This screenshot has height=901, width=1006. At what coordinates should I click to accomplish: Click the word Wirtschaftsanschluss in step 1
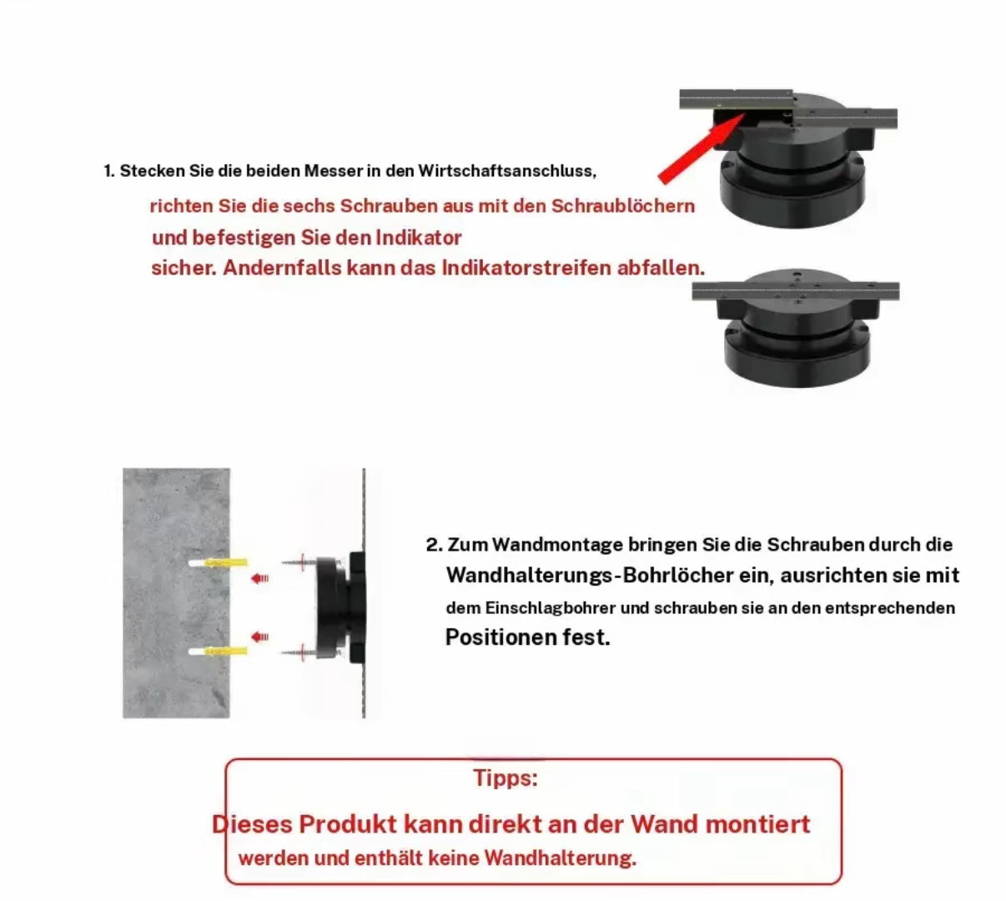(x=507, y=171)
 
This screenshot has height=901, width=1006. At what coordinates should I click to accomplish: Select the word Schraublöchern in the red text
(x=622, y=205)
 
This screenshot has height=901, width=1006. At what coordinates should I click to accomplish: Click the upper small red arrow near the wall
(x=259, y=577)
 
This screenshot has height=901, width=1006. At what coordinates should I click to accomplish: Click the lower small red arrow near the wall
(x=259, y=637)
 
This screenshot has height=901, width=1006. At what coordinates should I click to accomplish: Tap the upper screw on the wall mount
(x=299, y=562)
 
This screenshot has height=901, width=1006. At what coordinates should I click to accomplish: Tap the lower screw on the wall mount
(x=299, y=652)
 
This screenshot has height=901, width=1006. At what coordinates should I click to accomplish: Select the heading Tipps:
(x=506, y=778)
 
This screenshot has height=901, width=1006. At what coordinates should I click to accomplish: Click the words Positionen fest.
(x=528, y=637)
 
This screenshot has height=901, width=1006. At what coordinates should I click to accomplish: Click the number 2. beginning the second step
(x=434, y=545)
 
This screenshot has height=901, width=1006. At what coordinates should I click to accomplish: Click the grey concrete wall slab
(x=176, y=592)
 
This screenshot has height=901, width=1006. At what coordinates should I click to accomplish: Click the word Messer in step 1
(x=334, y=171)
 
